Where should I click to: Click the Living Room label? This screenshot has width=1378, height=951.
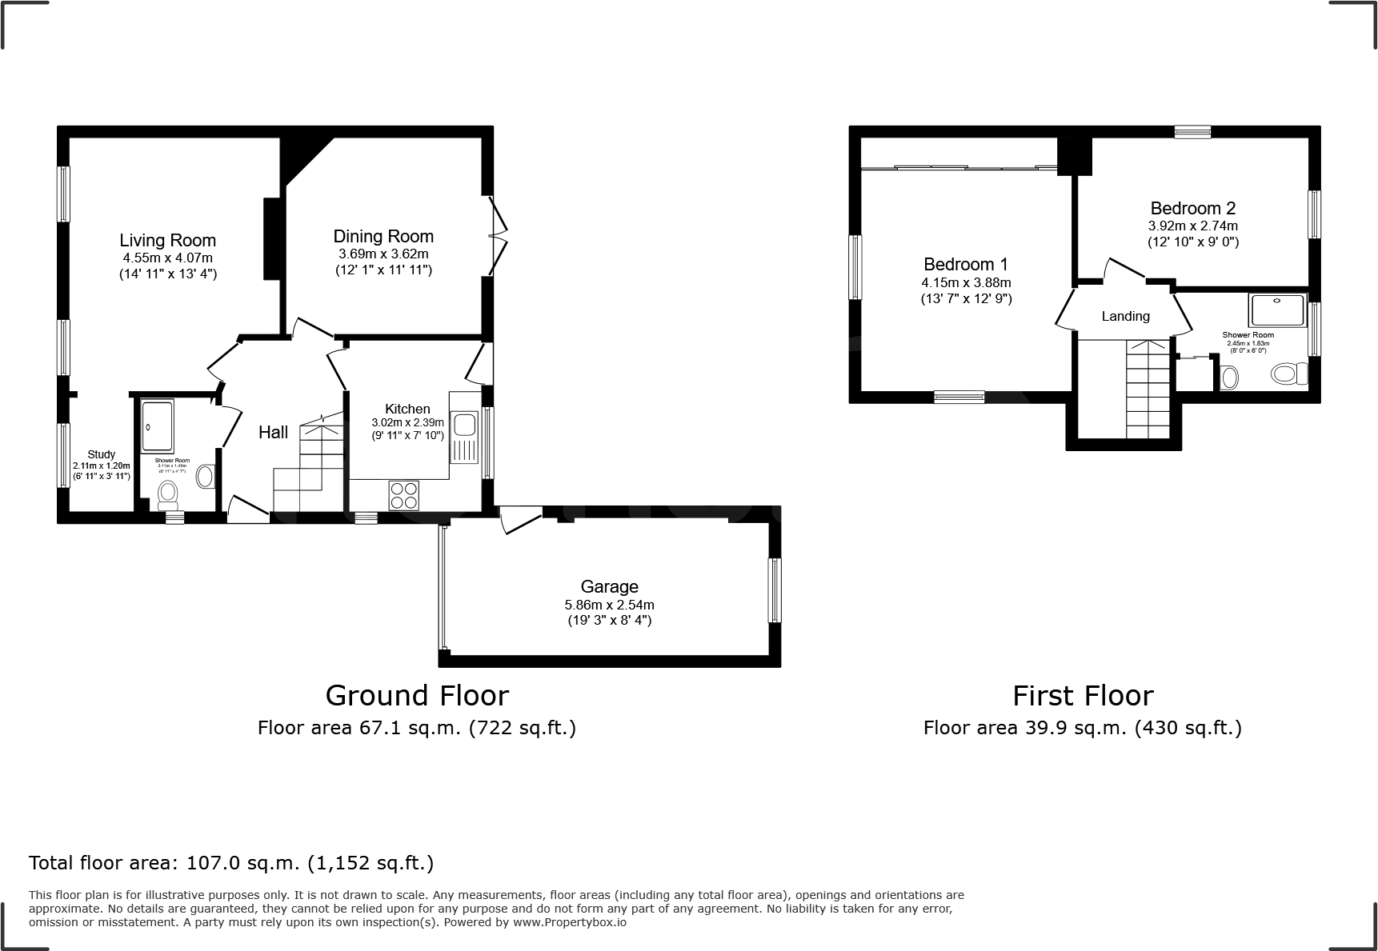[167, 240]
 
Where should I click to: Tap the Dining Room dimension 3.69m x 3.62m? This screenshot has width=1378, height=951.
[383, 254]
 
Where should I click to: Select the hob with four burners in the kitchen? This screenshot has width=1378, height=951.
[403, 495]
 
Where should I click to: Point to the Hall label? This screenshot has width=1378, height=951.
[273, 433]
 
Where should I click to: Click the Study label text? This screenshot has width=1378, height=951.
[102, 454]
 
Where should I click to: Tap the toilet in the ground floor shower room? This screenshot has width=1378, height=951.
[168, 494]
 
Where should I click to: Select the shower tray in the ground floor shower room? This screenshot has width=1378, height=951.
[157, 426]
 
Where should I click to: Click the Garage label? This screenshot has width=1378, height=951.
[609, 587]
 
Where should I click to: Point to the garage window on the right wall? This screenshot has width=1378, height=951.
[774, 590]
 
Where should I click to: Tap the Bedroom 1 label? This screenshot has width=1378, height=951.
[965, 265]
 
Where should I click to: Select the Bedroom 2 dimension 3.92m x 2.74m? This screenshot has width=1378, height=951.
[1192, 226]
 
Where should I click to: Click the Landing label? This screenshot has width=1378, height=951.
[1125, 316]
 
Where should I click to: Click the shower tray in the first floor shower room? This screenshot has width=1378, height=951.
[1277, 310]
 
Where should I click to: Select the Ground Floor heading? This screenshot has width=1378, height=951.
[416, 695]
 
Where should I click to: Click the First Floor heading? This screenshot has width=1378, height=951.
[1082, 695]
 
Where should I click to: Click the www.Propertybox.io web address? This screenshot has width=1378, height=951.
[570, 922]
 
